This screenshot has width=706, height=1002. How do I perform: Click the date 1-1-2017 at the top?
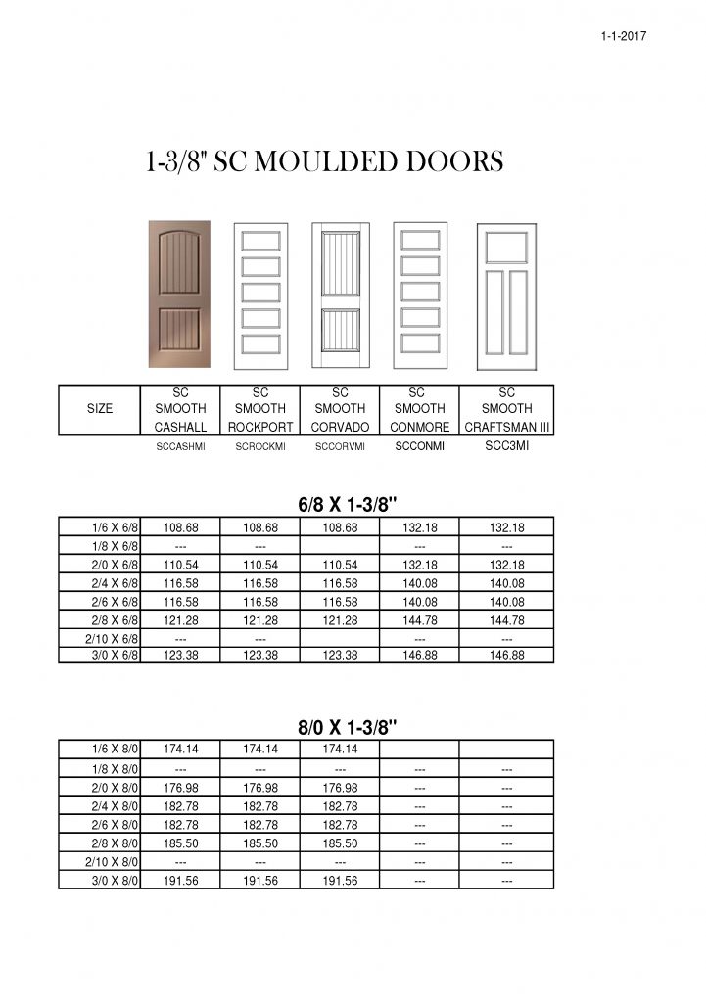[x=623, y=36]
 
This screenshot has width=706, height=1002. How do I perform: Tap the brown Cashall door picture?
[x=179, y=295]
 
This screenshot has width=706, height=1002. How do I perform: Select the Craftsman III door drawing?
[x=506, y=296]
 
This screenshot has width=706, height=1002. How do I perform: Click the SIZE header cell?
[x=100, y=408]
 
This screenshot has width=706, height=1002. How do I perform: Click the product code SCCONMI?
[x=420, y=446]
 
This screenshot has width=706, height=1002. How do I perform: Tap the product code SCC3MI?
[x=506, y=446]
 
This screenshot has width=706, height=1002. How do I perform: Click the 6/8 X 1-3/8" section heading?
[x=347, y=505]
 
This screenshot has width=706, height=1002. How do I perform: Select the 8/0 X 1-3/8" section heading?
[x=347, y=727]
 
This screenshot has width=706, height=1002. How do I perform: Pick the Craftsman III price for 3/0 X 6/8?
[x=506, y=656]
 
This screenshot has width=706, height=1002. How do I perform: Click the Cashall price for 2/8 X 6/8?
[x=180, y=620]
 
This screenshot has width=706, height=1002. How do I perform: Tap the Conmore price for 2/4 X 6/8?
[x=420, y=583]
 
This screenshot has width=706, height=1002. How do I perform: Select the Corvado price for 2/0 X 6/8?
[x=340, y=565]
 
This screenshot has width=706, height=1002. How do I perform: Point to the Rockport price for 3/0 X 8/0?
[x=260, y=881]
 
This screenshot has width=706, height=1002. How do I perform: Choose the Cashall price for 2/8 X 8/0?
[x=180, y=843]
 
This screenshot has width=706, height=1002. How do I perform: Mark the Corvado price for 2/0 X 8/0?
[x=340, y=788]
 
